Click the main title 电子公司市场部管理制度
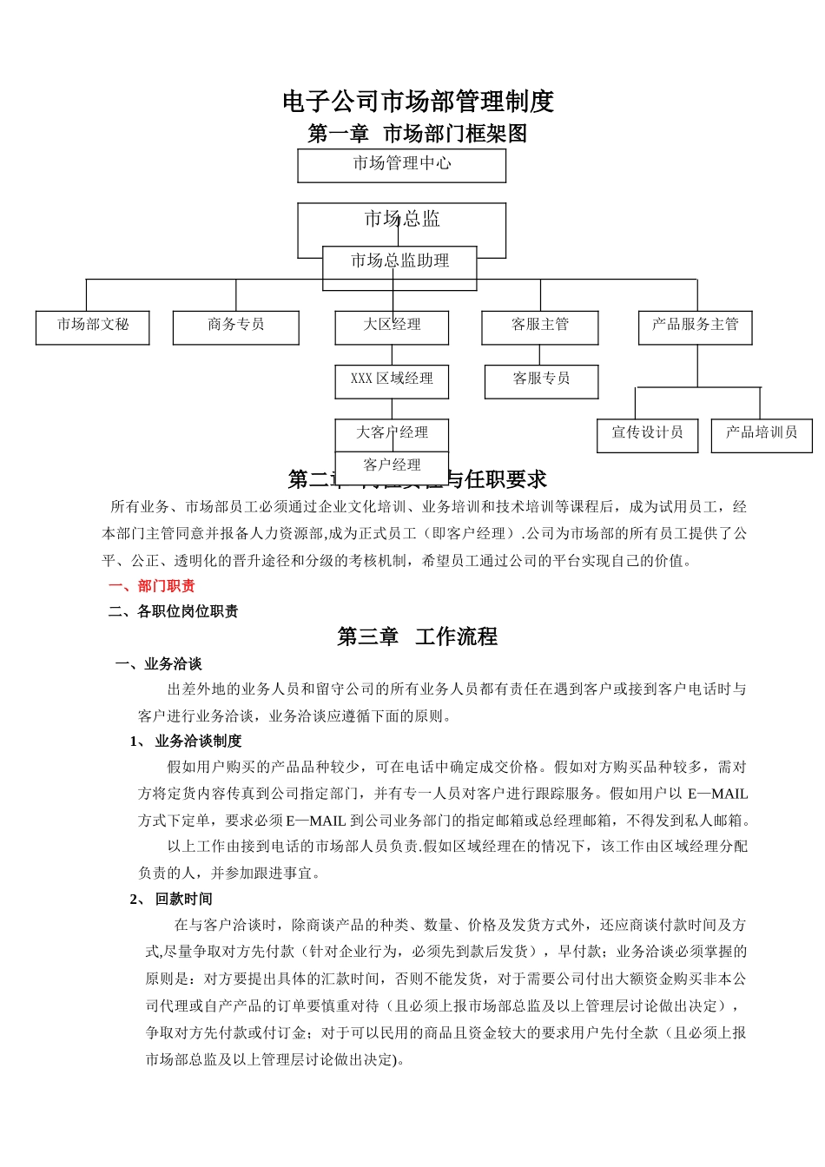click(418, 102)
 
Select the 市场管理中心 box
click(401, 164)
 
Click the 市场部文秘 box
click(92, 326)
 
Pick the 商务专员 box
click(235, 326)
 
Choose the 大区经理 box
click(392, 326)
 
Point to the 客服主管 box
click(539, 326)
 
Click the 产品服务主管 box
click(695, 326)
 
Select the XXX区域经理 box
click(392, 380)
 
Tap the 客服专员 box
click(541, 380)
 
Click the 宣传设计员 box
click(647, 434)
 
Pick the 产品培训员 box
click(762, 434)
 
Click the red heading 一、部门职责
click(152, 586)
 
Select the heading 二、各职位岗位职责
click(174, 611)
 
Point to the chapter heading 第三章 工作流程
click(417, 636)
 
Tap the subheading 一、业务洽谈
click(159, 664)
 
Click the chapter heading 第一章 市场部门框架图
click(418, 134)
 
